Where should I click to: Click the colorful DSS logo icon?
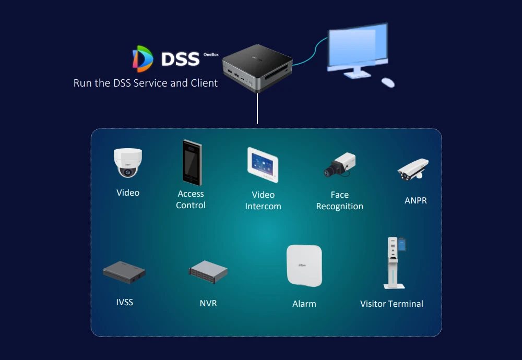pyautogui.click(x=143, y=58)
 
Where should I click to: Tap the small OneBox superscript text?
pyautogui.click(x=210, y=54)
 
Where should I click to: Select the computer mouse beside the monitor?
pyautogui.click(x=388, y=82)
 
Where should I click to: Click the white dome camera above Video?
pyautogui.click(x=128, y=162)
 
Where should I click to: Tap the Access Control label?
pyautogui.click(x=191, y=199)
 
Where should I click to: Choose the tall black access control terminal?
pyautogui.click(x=192, y=162)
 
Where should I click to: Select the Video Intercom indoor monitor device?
pyautogui.click(x=263, y=164)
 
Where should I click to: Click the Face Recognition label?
pyautogui.click(x=339, y=200)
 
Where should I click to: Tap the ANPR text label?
pyautogui.click(x=416, y=200)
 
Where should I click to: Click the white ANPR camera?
pyautogui.click(x=413, y=170)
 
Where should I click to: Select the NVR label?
pyautogui.click(x=208, y=303)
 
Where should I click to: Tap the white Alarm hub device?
pyautogui.click(x=304, y=266)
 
